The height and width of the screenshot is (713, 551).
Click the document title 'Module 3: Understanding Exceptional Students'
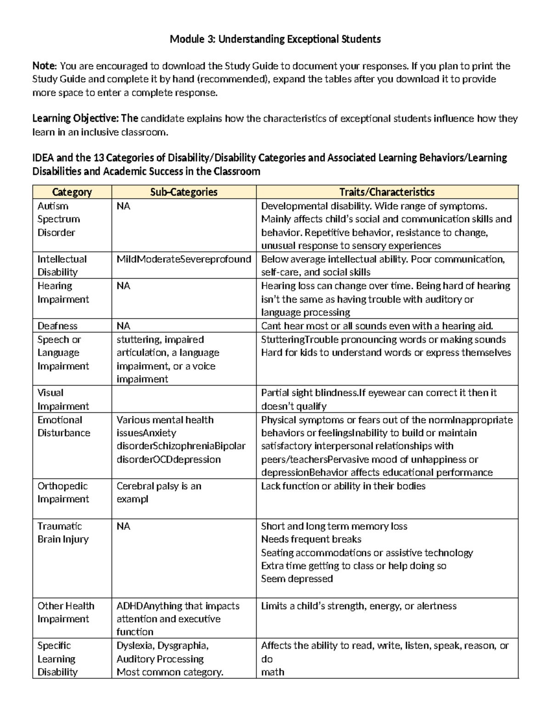pos(275,39)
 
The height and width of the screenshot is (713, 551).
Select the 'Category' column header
pos(72,192)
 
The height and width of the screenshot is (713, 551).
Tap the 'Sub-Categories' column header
pos(184,192)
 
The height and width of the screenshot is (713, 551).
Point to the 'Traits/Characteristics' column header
pos(387,192)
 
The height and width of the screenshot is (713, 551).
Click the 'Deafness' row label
pos(57,326)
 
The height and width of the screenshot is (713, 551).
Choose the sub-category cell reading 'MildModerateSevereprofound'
pos(184,259)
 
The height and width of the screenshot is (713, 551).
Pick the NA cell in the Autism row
pos(123,206)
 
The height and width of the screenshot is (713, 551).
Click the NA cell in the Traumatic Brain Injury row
pos(123,526)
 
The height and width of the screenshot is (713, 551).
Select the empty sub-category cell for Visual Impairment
pos(184,399)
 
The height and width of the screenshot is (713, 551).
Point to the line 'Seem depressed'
pos(297,579)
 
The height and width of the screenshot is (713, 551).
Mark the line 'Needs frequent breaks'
pos(311,539)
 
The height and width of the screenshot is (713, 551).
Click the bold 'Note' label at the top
pos(44,66)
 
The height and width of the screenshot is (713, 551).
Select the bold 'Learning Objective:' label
pos(76,119)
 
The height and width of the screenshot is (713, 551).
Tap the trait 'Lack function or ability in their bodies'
pos(343,486)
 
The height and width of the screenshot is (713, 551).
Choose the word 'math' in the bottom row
pos(272,672)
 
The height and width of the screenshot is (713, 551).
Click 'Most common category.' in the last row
pos(170,672)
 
